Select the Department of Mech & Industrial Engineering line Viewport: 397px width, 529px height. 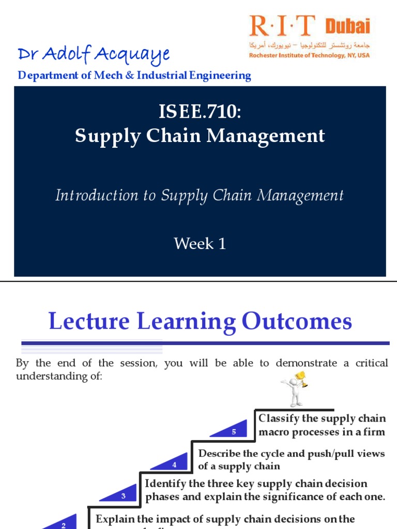[134, 75]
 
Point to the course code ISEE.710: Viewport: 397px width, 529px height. [200, 111]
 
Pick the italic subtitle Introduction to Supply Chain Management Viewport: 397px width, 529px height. [200, 195]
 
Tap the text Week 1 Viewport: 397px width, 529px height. [200, 243]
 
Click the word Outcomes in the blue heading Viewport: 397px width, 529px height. [297, 321]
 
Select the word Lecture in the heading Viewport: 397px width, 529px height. [89, 321]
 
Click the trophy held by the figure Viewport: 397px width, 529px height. [301, 379]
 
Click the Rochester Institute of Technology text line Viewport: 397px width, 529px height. [309, 55]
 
